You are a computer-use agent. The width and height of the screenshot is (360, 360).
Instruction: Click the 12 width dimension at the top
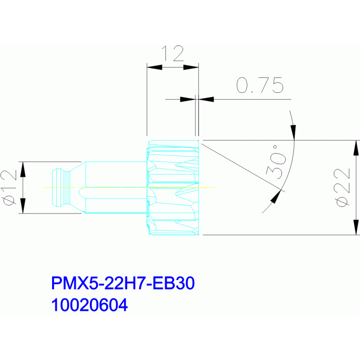coord(172,53)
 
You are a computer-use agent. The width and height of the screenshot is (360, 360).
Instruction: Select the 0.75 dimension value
coord(260,85)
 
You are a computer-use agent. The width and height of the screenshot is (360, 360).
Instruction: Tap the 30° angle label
coord(276,161)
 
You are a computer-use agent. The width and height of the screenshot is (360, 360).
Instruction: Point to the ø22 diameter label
coord(342,188)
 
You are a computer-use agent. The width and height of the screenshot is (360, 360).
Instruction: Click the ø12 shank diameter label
coord(9,188)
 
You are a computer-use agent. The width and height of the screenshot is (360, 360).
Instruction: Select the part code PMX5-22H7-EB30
coord(123,283)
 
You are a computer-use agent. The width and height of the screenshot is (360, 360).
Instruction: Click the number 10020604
coord(89,305)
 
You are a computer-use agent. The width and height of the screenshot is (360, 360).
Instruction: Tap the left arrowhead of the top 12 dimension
coord(154,67)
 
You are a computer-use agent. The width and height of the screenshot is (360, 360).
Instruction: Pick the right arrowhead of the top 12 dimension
coord(191,67)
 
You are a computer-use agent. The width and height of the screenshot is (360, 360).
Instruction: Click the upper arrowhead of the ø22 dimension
coord(356,148)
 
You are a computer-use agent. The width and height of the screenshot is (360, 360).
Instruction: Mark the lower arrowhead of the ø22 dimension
coord(356,227)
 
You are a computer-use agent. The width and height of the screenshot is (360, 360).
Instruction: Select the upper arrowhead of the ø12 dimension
coord(23,169)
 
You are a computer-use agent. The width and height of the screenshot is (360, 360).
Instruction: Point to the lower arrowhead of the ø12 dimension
coord(23,206)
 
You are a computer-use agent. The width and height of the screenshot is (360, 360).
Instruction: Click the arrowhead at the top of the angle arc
coord(293,132)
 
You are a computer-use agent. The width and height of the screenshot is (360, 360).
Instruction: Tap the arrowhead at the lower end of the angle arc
coord(276,197)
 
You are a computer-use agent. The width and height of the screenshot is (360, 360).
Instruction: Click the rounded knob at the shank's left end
coord(61,188)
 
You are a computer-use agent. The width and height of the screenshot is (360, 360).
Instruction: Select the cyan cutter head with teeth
coord(173,188)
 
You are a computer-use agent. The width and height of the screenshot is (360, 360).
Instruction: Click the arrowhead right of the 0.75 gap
coord(206,100)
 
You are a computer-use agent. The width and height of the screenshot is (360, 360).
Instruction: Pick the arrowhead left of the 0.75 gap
coord(188,100)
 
